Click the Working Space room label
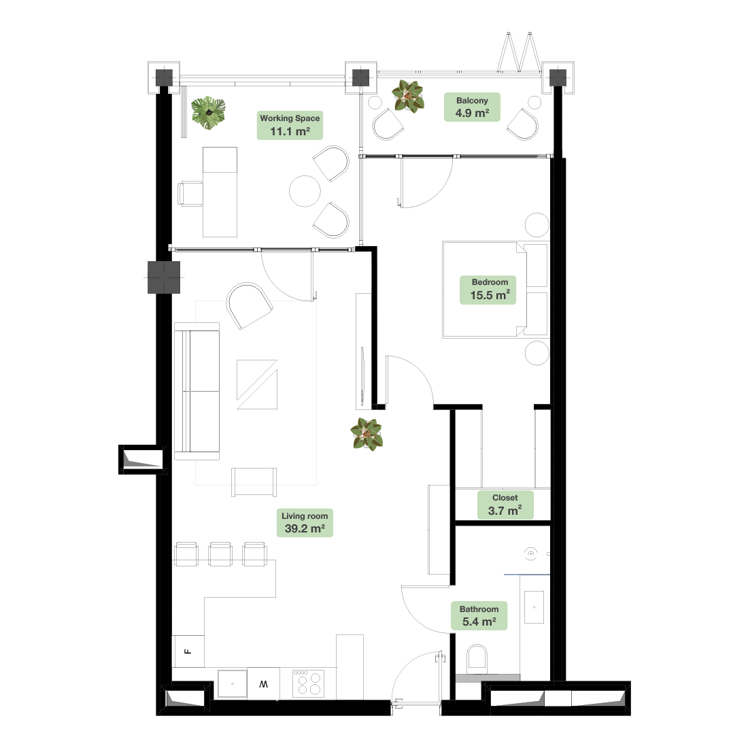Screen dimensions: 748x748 [x=290, y=125]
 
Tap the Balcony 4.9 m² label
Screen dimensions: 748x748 [x=472, y=107]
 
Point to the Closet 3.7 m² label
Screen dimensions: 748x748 [x=505, y=505]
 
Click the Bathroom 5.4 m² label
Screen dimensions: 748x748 [x=479, y=615]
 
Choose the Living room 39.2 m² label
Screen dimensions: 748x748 [x=305, y=522]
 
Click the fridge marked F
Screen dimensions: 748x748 [x=188, y=651]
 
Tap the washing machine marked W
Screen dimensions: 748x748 [x=263, y=683]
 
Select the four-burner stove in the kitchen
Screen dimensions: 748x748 [x=308, y=683]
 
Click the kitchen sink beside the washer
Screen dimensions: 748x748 [x=233, y=683]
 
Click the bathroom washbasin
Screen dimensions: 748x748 [x=534, y=607]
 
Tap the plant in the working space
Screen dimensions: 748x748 [x=209, y=113]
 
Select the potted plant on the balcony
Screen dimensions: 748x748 [x=407, y=97]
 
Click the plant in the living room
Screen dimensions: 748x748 [x=367, y=434]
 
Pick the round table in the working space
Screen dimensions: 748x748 [x=305, y=191]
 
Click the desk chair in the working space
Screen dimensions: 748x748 [x=190, y=194]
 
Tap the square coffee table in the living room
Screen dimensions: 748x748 [x=257, y=384]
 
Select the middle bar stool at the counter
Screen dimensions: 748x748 [x=221, y=554]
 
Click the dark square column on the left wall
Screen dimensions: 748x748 [x=164, y=277]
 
